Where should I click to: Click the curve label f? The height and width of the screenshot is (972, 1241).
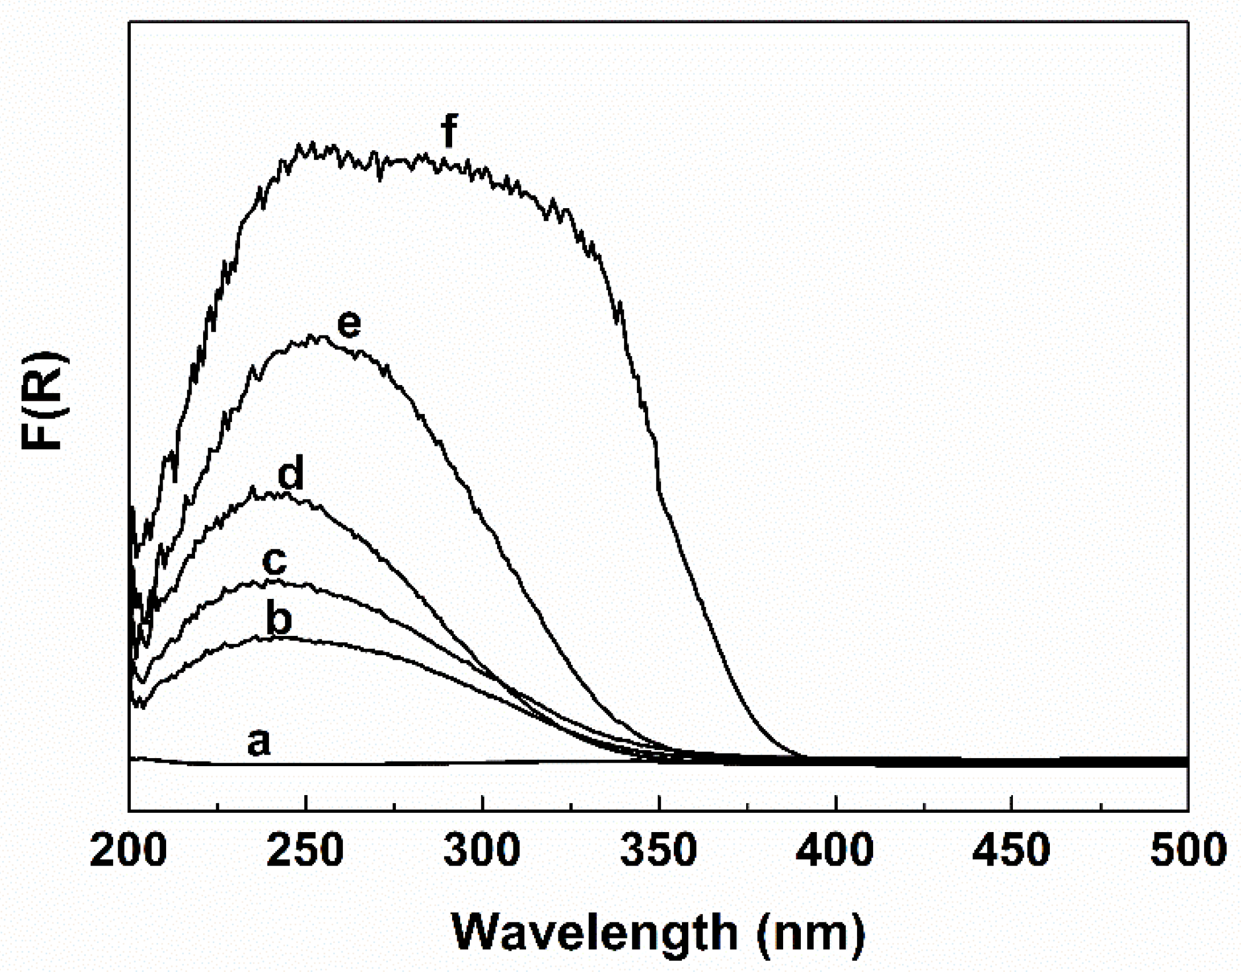point(448,131)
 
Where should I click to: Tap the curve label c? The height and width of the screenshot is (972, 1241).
point(274,561)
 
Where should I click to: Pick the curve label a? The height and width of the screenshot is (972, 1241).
point(258,742)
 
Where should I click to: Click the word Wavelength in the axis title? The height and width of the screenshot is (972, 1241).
point(594,932)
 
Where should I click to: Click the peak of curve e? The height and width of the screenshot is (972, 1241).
point(312,337)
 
